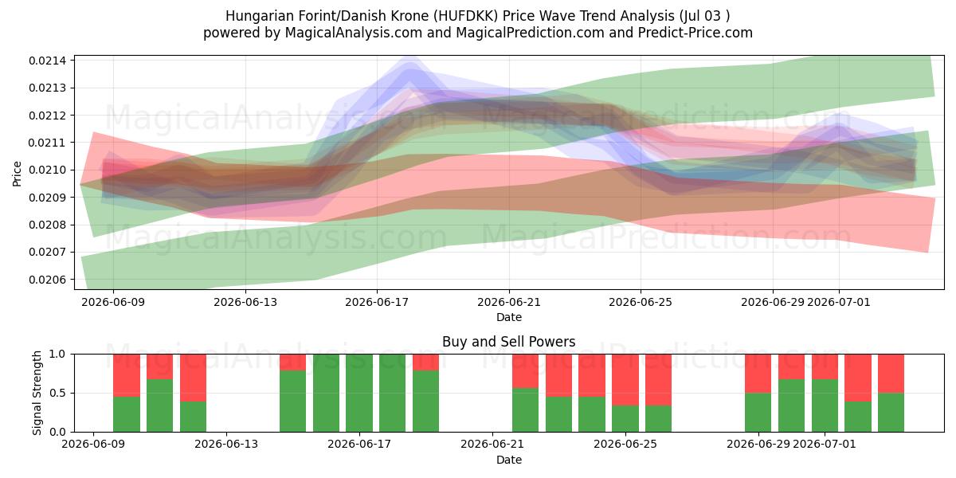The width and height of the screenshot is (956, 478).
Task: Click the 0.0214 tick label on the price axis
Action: click(x=48, y=61)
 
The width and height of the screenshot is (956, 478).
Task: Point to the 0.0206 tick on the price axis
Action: click(x=48, y=280)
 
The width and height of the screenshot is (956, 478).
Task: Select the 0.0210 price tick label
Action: click(x=48, y=170)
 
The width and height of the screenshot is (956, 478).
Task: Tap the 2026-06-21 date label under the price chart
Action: click(x=509, y=302)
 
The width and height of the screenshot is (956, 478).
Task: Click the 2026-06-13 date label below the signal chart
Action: click(x=226, y=444)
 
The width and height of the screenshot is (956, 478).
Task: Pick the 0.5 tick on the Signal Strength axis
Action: click(x=57, y=393)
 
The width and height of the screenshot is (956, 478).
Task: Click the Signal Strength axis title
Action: click(x=37, y=393)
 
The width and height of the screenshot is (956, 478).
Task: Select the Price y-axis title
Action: click(x=17, y=174)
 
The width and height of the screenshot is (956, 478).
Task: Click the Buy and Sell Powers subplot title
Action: click(x=509, y=342)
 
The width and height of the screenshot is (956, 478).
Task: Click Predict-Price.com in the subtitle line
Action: click(x=695, y=33)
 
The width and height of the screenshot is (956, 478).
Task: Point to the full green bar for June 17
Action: click(x=359, y=393)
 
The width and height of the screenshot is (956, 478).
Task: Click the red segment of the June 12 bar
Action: click(x=193, y=378)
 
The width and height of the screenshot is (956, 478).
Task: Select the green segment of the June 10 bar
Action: click(x=127, y=414)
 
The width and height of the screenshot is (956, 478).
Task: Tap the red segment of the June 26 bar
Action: click(x=658, y=380)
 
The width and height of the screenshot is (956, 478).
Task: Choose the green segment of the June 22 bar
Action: click(x=525, y=409)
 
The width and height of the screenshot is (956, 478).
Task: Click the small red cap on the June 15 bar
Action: click(x=293, y=362)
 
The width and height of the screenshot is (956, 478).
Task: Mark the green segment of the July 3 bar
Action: click(x=891, y=413)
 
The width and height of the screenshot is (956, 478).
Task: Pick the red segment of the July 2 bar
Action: click(x=858, y=378)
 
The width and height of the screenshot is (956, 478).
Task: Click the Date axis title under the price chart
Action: click(x=509, y=317)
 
